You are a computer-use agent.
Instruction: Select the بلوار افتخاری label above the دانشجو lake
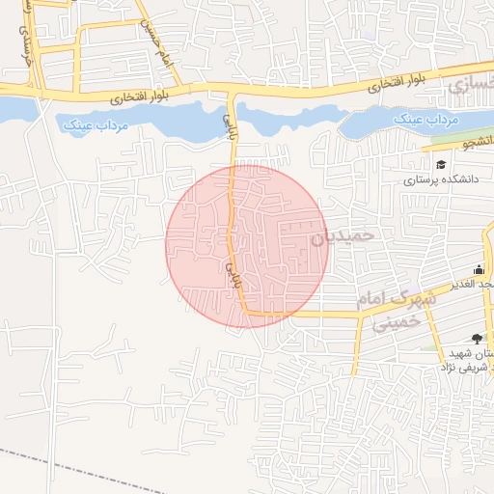[400, 85]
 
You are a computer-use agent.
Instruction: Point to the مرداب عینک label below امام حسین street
[87, 125]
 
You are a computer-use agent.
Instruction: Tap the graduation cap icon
[441, 164]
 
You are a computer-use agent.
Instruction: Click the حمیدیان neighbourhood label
[342, 234]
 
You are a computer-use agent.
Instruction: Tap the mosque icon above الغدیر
[479, 269]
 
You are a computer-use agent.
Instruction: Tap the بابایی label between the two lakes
[230, 123]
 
